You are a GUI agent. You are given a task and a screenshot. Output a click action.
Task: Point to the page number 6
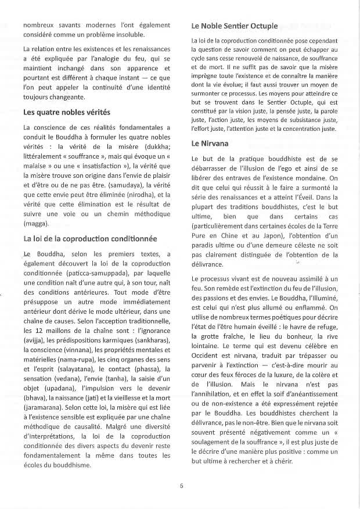click(x=181, y=486)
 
